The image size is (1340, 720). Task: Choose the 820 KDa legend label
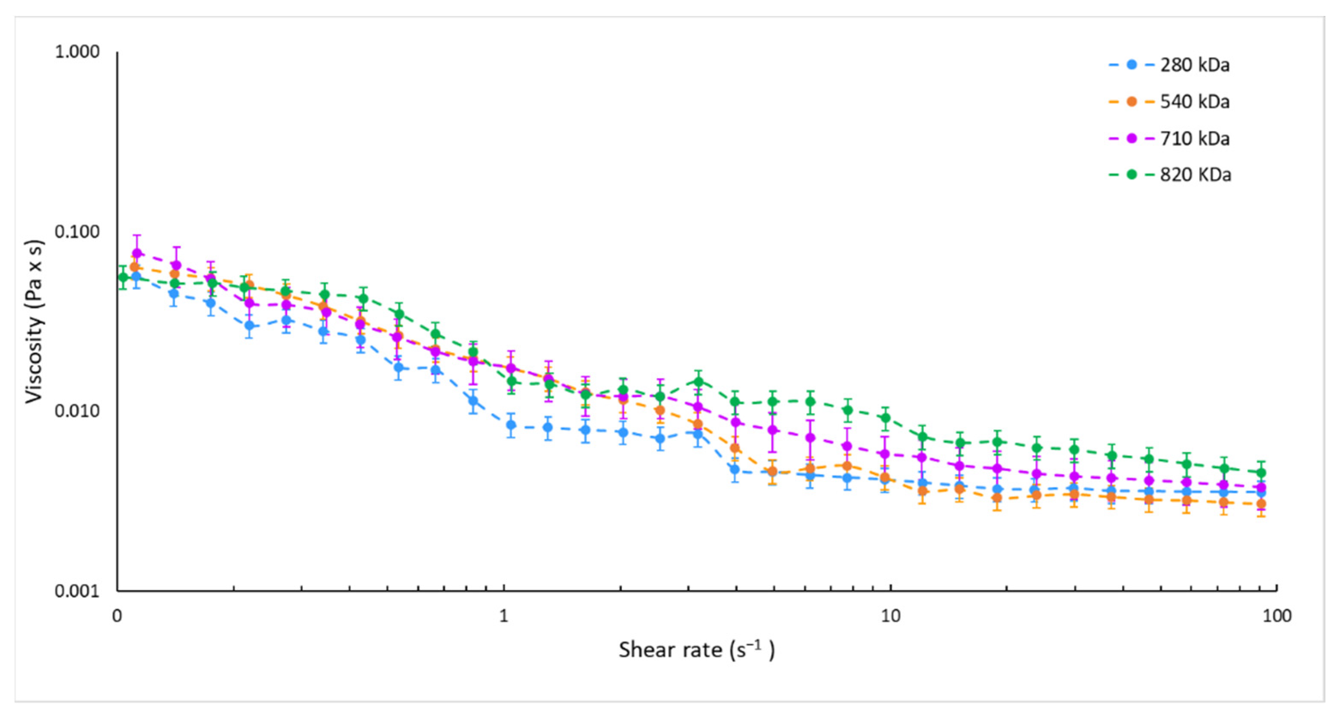tap(1195, 175)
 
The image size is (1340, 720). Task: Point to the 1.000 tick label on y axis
tap(77, 51)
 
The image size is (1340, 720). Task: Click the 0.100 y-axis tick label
tap(77, 232)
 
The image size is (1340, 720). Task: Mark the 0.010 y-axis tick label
tap(77, 411)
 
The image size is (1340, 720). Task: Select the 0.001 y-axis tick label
tap(77, 591)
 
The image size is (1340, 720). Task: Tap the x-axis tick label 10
tap(890, 616)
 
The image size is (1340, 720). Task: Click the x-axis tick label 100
tap(1277, 616)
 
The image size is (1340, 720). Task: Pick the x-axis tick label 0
tap(117, 616)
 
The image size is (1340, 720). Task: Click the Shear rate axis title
tap(696, 650)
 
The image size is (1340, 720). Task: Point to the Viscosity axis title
tap(35, 321)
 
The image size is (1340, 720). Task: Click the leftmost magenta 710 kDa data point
tap(137, 253)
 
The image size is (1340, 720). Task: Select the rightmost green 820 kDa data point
tap(1260, 473)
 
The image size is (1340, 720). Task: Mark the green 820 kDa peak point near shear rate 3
tap(699, 381)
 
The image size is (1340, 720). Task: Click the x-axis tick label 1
tap(503, 616)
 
